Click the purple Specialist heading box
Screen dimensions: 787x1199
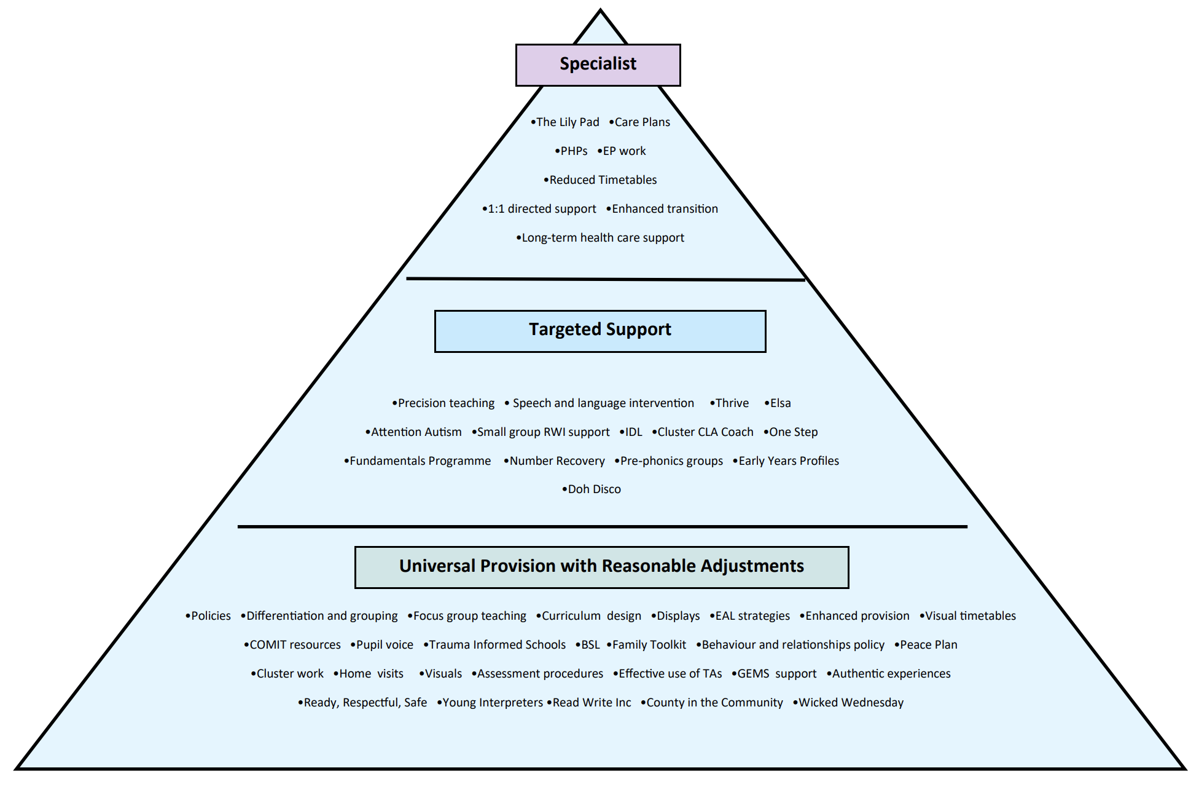tap(598, 65)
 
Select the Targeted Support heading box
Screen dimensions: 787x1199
tap(599, 331)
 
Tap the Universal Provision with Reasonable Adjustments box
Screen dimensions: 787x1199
tap(601, 567)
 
